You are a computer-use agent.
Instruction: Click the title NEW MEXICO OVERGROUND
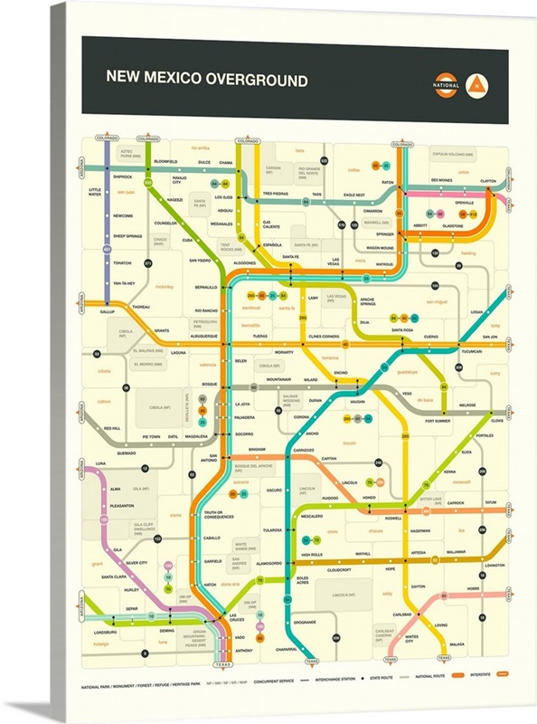(207, 79)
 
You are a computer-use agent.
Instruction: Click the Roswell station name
(393, 518)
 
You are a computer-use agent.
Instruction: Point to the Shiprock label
(122, 176)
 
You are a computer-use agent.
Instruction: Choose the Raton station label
(388, 182)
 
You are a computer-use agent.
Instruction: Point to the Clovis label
(496, 420)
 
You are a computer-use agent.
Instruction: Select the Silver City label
(137, 563)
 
